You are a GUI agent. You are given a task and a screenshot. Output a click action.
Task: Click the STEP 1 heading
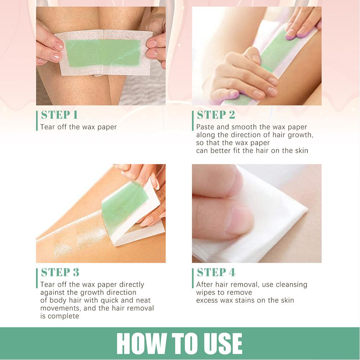pos(59,115)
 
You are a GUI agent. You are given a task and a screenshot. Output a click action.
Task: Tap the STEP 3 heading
pos(60,272)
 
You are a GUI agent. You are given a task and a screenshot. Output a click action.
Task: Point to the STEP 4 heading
pos(216,272)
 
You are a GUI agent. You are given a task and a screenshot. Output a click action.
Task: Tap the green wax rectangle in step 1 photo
pos(103,53)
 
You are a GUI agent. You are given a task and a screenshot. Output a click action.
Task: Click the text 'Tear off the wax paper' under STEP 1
pos(78,127)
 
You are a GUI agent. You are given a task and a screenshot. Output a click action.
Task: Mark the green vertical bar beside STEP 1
pos(37,121)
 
